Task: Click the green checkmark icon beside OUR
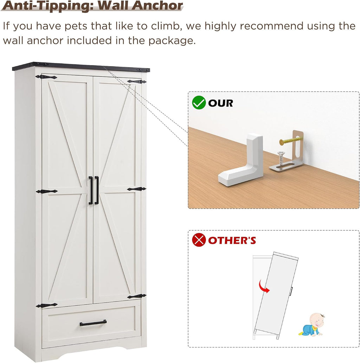click(x=199, y=103)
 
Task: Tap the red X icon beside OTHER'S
click(x=199, y=240)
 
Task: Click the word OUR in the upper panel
click(x=220, y=103)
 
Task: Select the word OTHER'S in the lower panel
click(x=232, y=240)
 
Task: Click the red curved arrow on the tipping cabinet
click(x=264, y=286)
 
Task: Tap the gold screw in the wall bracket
click(x=290, y=140)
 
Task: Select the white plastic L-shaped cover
click(x=241, y=160)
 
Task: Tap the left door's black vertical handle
click(x=91, y=190)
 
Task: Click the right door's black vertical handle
click(x=96, y=190)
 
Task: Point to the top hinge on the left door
click(x=46, y=77)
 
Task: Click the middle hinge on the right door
click(x=136, y=189)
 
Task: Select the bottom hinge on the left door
click(x=47, y=305)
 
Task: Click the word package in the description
click(x=172, y=41)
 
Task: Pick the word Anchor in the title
click(x=157, y=6)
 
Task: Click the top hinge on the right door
click(x=136, y=82)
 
